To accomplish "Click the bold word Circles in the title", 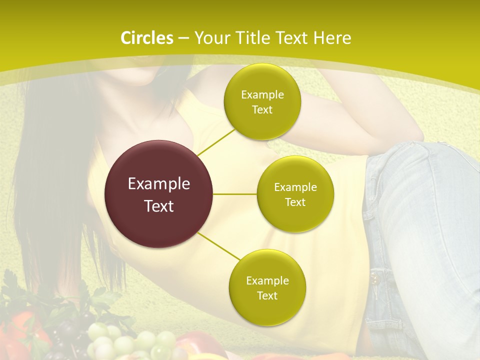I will (x=147, y=38).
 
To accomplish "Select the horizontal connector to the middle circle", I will (x=234, y=194).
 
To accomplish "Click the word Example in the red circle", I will (x=159, y=184).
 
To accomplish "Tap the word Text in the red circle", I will (x=159, y=205).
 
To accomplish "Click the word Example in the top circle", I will (x=262, y=95).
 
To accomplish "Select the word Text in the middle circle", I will (x=295, y=202).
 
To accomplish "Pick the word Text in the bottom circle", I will (x=267, y=295).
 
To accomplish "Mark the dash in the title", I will (x=183, y=38).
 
